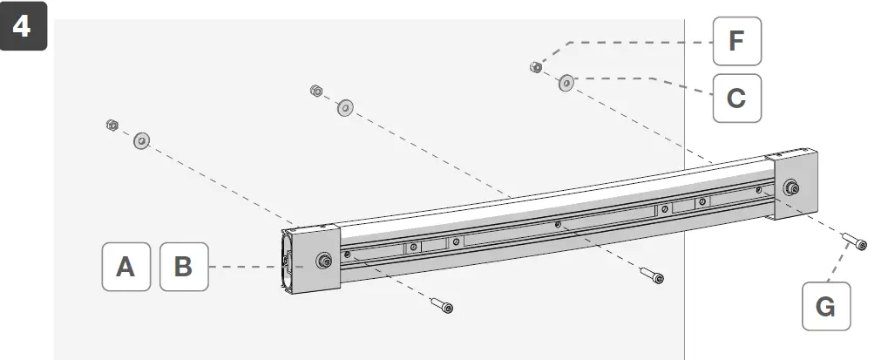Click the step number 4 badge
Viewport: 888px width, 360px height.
(22, 26)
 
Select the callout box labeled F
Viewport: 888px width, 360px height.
(736, 41)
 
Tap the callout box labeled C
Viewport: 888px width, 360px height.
(736, 97)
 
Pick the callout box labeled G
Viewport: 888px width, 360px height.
(825, 306)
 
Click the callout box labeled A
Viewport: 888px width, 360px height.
(126, 266)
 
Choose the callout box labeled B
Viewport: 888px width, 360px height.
(184, 266)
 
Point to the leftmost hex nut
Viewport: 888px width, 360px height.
(112, 126)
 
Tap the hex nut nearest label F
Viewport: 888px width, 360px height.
(537, 66)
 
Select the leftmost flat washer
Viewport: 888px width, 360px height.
(141, 140)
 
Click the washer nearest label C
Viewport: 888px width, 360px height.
(566, 84)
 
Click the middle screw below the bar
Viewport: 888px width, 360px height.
(651, 275)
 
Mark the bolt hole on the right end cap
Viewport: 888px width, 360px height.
(791, 187)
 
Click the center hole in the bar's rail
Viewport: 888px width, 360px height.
(558, 225)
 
